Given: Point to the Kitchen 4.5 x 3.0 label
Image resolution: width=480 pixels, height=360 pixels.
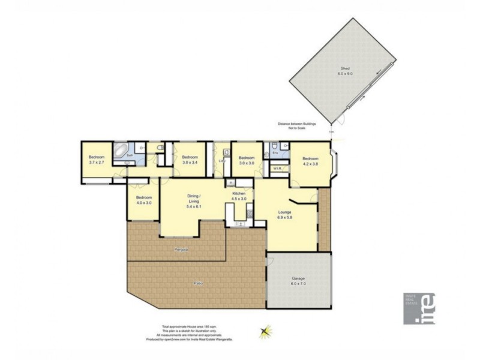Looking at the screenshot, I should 240,196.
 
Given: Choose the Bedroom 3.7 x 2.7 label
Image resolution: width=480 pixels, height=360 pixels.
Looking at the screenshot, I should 97,160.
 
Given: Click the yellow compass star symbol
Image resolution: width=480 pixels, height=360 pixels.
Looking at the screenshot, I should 264,331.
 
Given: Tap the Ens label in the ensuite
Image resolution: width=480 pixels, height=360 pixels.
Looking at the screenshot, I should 275,154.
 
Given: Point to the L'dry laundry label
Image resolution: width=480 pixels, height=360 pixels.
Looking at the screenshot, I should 221,161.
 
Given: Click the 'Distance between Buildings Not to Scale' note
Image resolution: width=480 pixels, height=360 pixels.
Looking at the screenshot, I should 296,126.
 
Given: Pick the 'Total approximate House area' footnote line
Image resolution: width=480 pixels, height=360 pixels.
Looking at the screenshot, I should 192,326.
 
